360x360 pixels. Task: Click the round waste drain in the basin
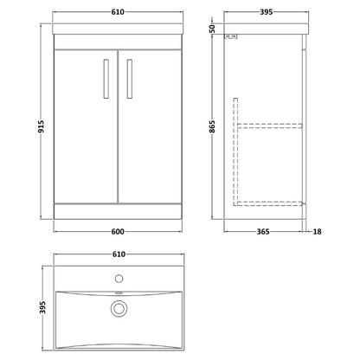click(x=119, y=308)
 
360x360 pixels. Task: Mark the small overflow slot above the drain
click(x=119, y=297)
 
